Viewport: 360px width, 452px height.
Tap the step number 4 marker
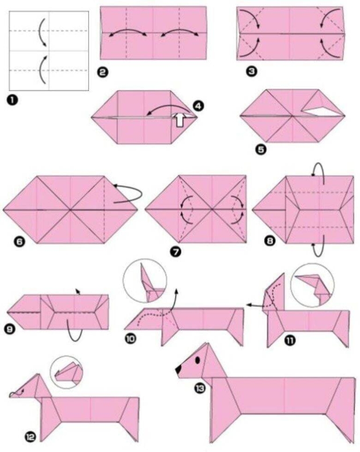(199, 106)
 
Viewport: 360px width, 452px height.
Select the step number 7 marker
(176, 252)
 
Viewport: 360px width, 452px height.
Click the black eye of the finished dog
(197, 360)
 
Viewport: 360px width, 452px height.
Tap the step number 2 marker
(102, 72)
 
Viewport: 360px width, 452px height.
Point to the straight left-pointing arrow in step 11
(255, 305)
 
